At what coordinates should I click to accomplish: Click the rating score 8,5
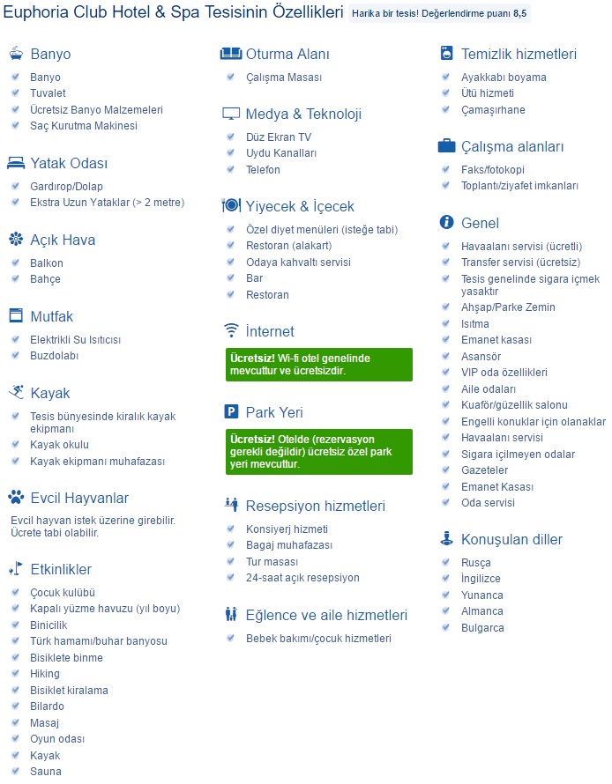[519, 14]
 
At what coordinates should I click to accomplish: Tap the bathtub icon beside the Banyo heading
[16, 54]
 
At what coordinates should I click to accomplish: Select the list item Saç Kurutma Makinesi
[84, 126]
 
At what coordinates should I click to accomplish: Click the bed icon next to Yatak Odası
[16, 163]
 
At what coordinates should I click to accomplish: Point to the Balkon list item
[47, 263]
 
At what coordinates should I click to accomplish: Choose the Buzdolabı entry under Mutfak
[55, 356]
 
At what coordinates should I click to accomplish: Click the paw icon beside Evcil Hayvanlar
[16, 498]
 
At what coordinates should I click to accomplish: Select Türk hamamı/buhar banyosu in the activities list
[99, 641]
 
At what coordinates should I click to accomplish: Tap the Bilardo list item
[48, 706]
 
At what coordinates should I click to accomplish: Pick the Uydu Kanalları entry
[281, 153]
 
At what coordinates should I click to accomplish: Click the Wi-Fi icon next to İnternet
[231, 331]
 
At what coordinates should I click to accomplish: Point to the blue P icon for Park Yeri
[231, 412]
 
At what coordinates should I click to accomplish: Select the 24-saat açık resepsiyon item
[302, 578]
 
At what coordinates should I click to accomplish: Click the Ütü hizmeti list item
[488, 93]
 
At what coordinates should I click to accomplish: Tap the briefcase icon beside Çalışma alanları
[447, 146]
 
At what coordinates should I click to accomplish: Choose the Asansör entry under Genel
[481, 357]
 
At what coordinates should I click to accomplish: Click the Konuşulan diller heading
[511, 539]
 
